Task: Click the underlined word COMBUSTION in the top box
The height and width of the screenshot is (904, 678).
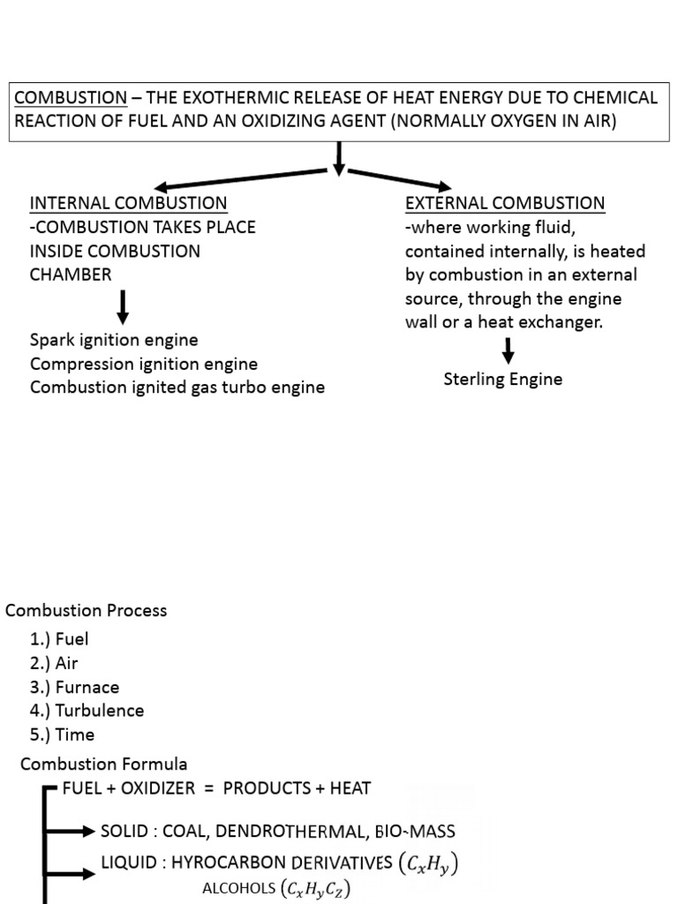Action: click(x=71, y=98)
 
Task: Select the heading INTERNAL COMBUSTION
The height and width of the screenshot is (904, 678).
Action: click(x=129, y=203)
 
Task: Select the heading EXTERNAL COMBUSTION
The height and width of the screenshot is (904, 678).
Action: click(x=504, y=203)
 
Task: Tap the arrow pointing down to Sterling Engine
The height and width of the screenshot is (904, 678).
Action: click(x=508, y=351)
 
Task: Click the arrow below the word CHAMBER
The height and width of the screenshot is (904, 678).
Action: click(x=124, y=306)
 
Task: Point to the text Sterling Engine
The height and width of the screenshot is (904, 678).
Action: click(x=502, y=380)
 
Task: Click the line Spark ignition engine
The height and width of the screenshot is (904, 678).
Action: click(x=114, y=340)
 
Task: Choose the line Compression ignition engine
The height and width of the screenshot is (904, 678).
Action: click(x=144, y=364)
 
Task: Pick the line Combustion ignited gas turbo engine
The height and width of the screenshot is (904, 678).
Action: click(x=177, y=388)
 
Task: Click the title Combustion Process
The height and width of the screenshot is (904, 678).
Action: click(x=86, y=611)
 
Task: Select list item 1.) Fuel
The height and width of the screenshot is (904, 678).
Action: click(x=59, y=639)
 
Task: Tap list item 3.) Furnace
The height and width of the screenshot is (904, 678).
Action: click(x=74, y=687)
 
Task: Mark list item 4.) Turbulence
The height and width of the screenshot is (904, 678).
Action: click(x=87, y=711)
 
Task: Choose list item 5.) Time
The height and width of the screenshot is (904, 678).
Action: click(x=62, y=734)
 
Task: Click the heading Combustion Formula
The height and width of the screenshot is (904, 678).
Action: click(x=103, y=764)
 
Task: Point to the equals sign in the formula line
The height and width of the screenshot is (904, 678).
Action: click(x=208, y=788)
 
